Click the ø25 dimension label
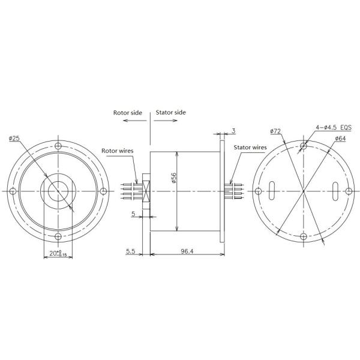coord(15,139)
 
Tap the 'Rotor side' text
coord(127,112)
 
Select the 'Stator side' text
coord(171,112)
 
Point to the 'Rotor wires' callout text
coord(117,151)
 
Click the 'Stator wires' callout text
coord(250,146)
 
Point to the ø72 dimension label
coord(276,131)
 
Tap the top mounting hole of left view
coord(58,146)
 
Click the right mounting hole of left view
coord(103,191)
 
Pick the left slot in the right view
coord(272,191)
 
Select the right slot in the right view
coord(337,191)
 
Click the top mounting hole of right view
coord(304,146)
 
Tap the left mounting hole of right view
coord(259,191)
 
